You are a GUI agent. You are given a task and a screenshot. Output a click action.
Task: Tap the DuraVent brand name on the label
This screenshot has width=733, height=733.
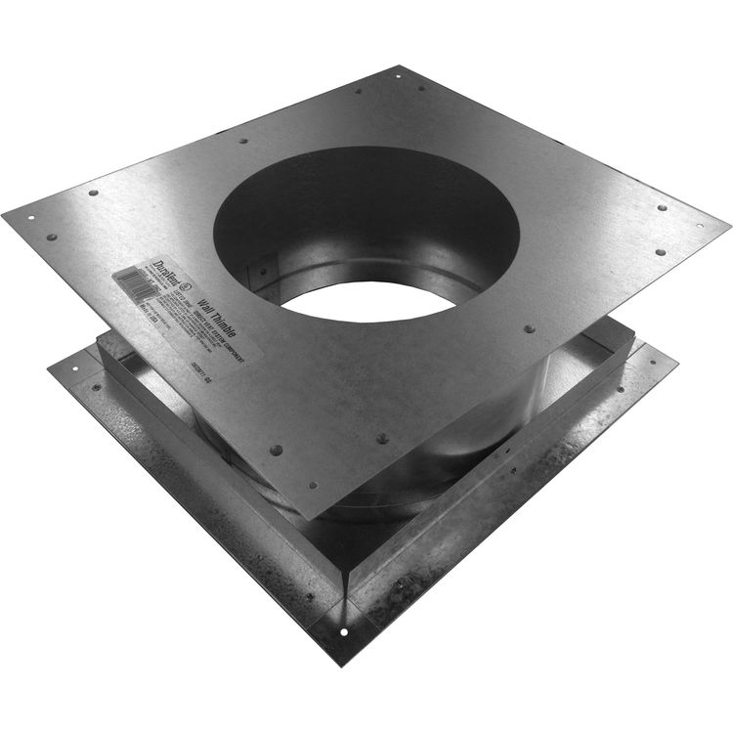[160, 272]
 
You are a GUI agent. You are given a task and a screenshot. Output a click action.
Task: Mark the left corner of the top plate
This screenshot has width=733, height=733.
[4, 214]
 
